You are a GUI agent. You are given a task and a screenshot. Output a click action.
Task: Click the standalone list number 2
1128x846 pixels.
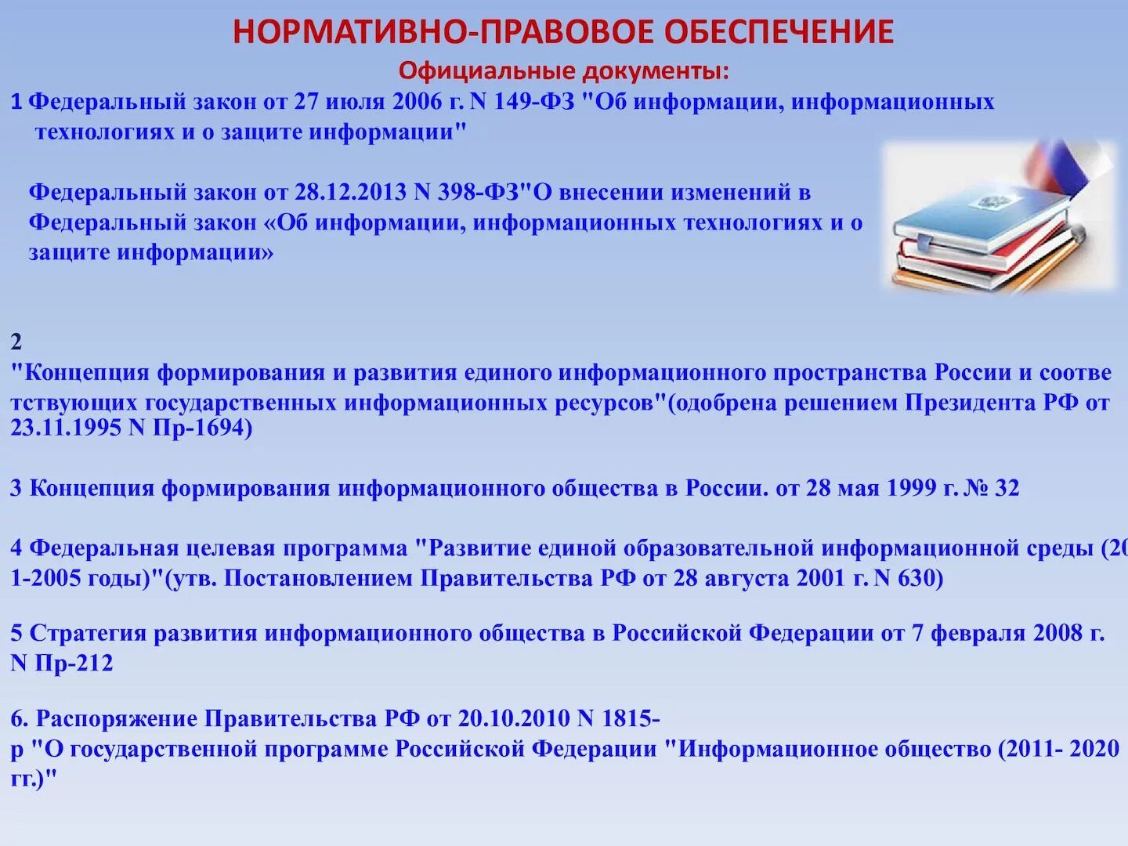(x=16, y=342)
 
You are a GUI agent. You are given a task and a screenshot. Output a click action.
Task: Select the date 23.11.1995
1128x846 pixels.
(x=66, y=428)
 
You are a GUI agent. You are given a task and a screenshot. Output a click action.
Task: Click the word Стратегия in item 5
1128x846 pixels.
(x=88, y=633)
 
